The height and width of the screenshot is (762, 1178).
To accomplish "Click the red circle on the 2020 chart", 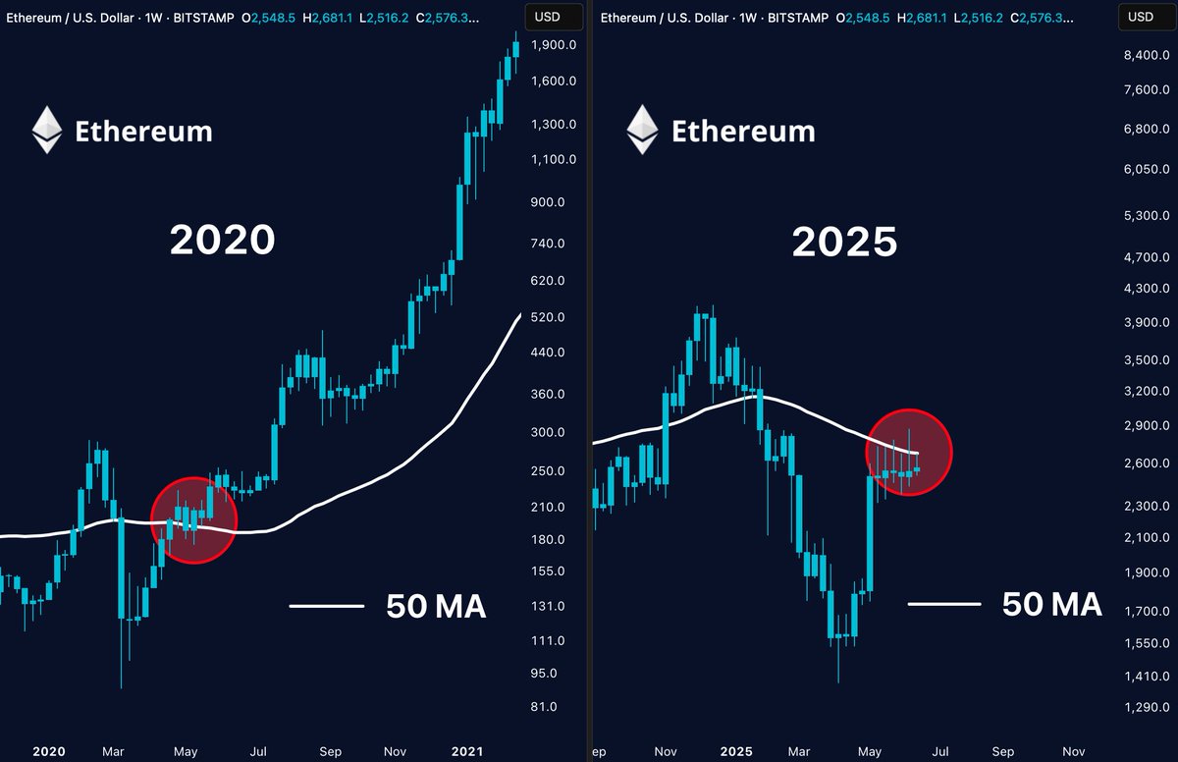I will pyautogui.click(x=194, y=520).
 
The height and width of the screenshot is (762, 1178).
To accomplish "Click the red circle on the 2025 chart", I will pyautogui.click(x=909, y=452).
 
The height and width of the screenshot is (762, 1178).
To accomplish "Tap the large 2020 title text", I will pyautogui.click(x=222, y=241).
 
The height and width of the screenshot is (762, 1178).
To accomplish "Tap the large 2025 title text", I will pyautogui.click(x=844, y=243).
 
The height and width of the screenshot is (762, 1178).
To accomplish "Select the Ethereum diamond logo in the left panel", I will pyautogui.click(x=46, y=131).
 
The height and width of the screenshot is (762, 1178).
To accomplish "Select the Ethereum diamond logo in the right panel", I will pyautogui.click(x=643, y=131).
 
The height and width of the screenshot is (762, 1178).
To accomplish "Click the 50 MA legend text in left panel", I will pyautogui.click(x=436, y=607).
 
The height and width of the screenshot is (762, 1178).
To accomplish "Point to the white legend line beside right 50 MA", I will pyautogui.click(x=943, y=603).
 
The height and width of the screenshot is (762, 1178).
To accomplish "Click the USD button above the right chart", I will pyautogui.click(x=1141, y=17).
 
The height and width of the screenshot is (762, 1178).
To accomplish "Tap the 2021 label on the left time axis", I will pyautogui.click(x=466, y=751).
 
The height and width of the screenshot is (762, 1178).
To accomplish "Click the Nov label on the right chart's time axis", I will pyautogui.click(x=1074, y=751).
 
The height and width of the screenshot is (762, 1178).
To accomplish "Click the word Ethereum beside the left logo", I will pyautogui.click(x=143, y=131).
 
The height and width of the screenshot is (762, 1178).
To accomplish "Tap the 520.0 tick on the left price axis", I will pyautogui.click(x=547, y=317).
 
